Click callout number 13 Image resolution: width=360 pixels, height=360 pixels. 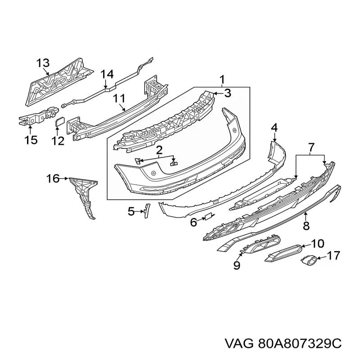pyautogui.click(x=43, y=63)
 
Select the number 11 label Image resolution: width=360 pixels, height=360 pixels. pyautogui.click(x=119, y=99)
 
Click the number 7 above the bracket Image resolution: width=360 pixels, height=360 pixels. pyautogui.click(x=310, y=148)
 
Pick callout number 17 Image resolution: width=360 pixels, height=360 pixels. pyautogui.click(x=333, y=256)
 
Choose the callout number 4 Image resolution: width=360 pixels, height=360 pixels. pyautogui.click(x=274, y=127)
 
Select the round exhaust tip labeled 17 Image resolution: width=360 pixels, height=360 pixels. pyautogui.click(x=308, y=261)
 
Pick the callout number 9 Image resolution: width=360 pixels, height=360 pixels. pyautogui.click(x=237, y=265)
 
